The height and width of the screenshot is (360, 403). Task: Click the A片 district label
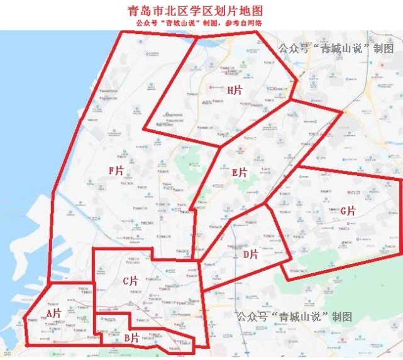point(53,312)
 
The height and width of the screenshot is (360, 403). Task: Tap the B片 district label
point(131,337)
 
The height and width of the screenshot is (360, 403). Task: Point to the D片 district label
point(250,254)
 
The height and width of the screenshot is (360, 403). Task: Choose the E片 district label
point(240,172)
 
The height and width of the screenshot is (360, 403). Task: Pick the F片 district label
point(116,170)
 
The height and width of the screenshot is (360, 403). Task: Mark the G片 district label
point(348,211)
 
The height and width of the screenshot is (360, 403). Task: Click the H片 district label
point(235,90)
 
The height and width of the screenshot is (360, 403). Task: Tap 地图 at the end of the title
point(250,11)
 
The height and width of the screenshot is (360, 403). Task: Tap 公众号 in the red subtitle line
point(145,23)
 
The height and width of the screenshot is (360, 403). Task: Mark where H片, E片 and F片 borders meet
point(219,146)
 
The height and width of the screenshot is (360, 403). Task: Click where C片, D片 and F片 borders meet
point(199,261)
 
